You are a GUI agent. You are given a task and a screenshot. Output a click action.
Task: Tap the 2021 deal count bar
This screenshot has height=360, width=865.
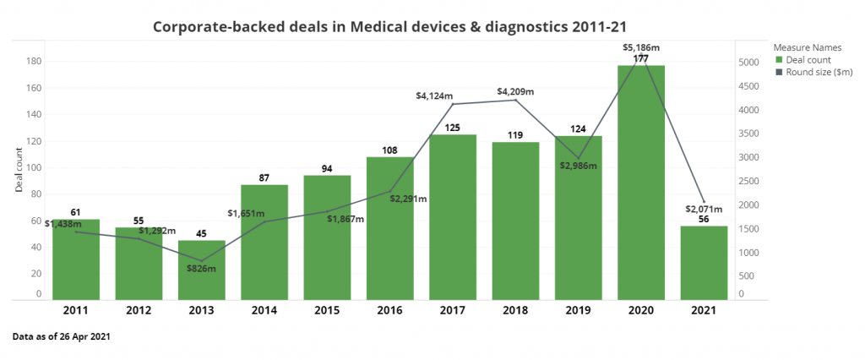pyautogui.click(x=704, y=262)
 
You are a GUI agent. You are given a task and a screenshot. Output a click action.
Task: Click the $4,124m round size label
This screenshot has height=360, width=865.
pyautogui.click(x=434, y=96)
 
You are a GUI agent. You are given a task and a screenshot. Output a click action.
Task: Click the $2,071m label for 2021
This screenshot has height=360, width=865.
pyautogui.click(x=704, y=209)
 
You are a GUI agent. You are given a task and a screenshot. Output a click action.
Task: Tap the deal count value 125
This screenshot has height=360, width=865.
pyautogui.click(x=454, y=128)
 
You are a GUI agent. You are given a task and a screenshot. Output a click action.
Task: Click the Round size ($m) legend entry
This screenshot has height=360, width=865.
pyautogui.click(x=815, y=72)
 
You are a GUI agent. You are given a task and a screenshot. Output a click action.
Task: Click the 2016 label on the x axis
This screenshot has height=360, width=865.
pyautogui.click(x=389, y=310)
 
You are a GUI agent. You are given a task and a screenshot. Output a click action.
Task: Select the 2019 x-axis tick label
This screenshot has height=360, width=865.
pyautogui.click(x=578, y=310)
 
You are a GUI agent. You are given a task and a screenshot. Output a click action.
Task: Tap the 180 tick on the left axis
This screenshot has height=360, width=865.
pyautogui.click(x=35, y=61)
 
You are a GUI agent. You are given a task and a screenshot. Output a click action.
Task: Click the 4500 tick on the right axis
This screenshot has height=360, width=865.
pyautogui.click(x=749, y=86)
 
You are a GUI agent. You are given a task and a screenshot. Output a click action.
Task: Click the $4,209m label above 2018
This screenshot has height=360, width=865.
pyautogui.click(x=515, y=91)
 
